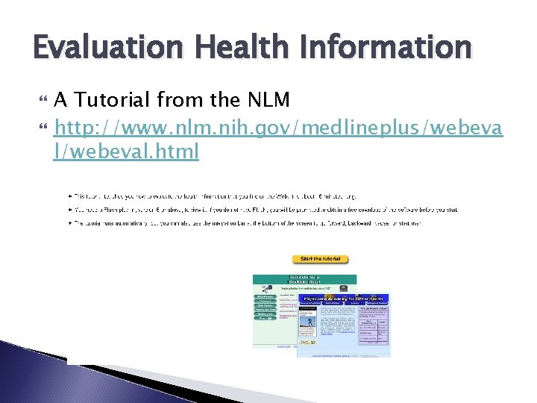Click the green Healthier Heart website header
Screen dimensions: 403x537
pyautogui.click(x=304, y=281)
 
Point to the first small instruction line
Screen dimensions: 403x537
pyautogui.click(x=246, y=196)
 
